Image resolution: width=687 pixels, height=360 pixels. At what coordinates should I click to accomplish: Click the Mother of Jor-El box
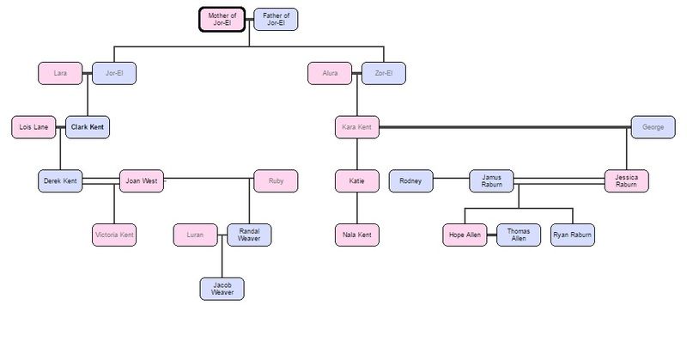222,20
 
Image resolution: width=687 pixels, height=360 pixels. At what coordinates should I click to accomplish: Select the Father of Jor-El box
277,20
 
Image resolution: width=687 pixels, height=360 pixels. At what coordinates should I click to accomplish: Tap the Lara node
60,74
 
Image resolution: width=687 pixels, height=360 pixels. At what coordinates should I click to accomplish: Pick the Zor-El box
384,74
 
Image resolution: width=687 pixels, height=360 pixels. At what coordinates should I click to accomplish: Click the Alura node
330,74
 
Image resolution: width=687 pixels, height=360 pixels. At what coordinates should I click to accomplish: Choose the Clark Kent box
88,127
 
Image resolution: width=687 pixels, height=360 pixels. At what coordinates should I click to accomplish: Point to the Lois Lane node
33,127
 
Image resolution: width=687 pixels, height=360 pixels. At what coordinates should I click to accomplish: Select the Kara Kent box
356,127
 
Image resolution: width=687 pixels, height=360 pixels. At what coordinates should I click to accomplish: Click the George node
653,127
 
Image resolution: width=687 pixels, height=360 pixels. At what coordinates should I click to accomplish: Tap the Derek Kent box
60,181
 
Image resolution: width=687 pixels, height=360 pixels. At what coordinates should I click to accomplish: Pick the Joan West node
141,181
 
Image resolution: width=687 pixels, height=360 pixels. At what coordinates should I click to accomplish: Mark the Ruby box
276,181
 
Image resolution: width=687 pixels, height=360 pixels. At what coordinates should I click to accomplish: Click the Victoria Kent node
114,235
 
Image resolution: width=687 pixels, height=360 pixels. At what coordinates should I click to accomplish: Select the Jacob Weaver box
222,289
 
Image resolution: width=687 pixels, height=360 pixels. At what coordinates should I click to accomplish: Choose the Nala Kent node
356,235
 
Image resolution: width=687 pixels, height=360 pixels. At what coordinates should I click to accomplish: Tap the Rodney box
410,181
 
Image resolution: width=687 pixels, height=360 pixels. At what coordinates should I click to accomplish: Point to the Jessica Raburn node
626,181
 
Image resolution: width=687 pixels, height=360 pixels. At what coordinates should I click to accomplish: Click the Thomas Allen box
518,235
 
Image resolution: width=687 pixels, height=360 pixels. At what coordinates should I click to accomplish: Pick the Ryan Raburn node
572,235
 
